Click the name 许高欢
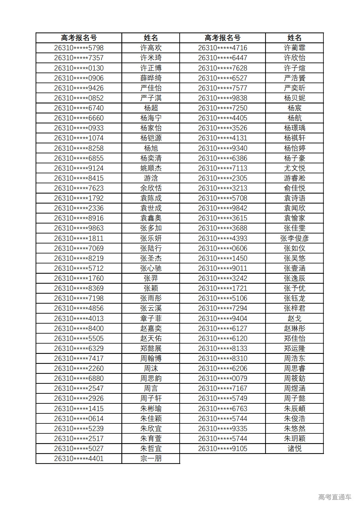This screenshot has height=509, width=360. coord(151,48)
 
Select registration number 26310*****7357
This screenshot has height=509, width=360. coord(79,58)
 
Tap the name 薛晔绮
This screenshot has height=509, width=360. coord(151,78)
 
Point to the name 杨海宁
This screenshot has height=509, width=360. coord(151,118)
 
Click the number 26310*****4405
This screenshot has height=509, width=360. coord(222,118)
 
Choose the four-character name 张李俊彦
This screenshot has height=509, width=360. coord(294,238)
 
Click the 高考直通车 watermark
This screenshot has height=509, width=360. coord(335,497)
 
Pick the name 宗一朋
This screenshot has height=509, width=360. coord(151,458)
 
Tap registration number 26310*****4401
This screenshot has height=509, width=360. coord(79,458)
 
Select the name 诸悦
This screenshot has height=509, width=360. coord(294,449)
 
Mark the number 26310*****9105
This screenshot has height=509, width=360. coord(222,449)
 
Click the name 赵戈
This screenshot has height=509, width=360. coord(294,318)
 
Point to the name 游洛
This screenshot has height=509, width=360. coord(151,178)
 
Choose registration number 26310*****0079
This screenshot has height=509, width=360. coord(222,378)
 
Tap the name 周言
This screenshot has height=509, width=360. coord(151,388)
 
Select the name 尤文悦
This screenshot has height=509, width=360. coord(294,168)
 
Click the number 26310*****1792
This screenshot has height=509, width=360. coord(79,198)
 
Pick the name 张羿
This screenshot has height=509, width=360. coord(151,278)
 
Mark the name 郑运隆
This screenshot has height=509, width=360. coord(294,348)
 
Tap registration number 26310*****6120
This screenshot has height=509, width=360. coord(222,338)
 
